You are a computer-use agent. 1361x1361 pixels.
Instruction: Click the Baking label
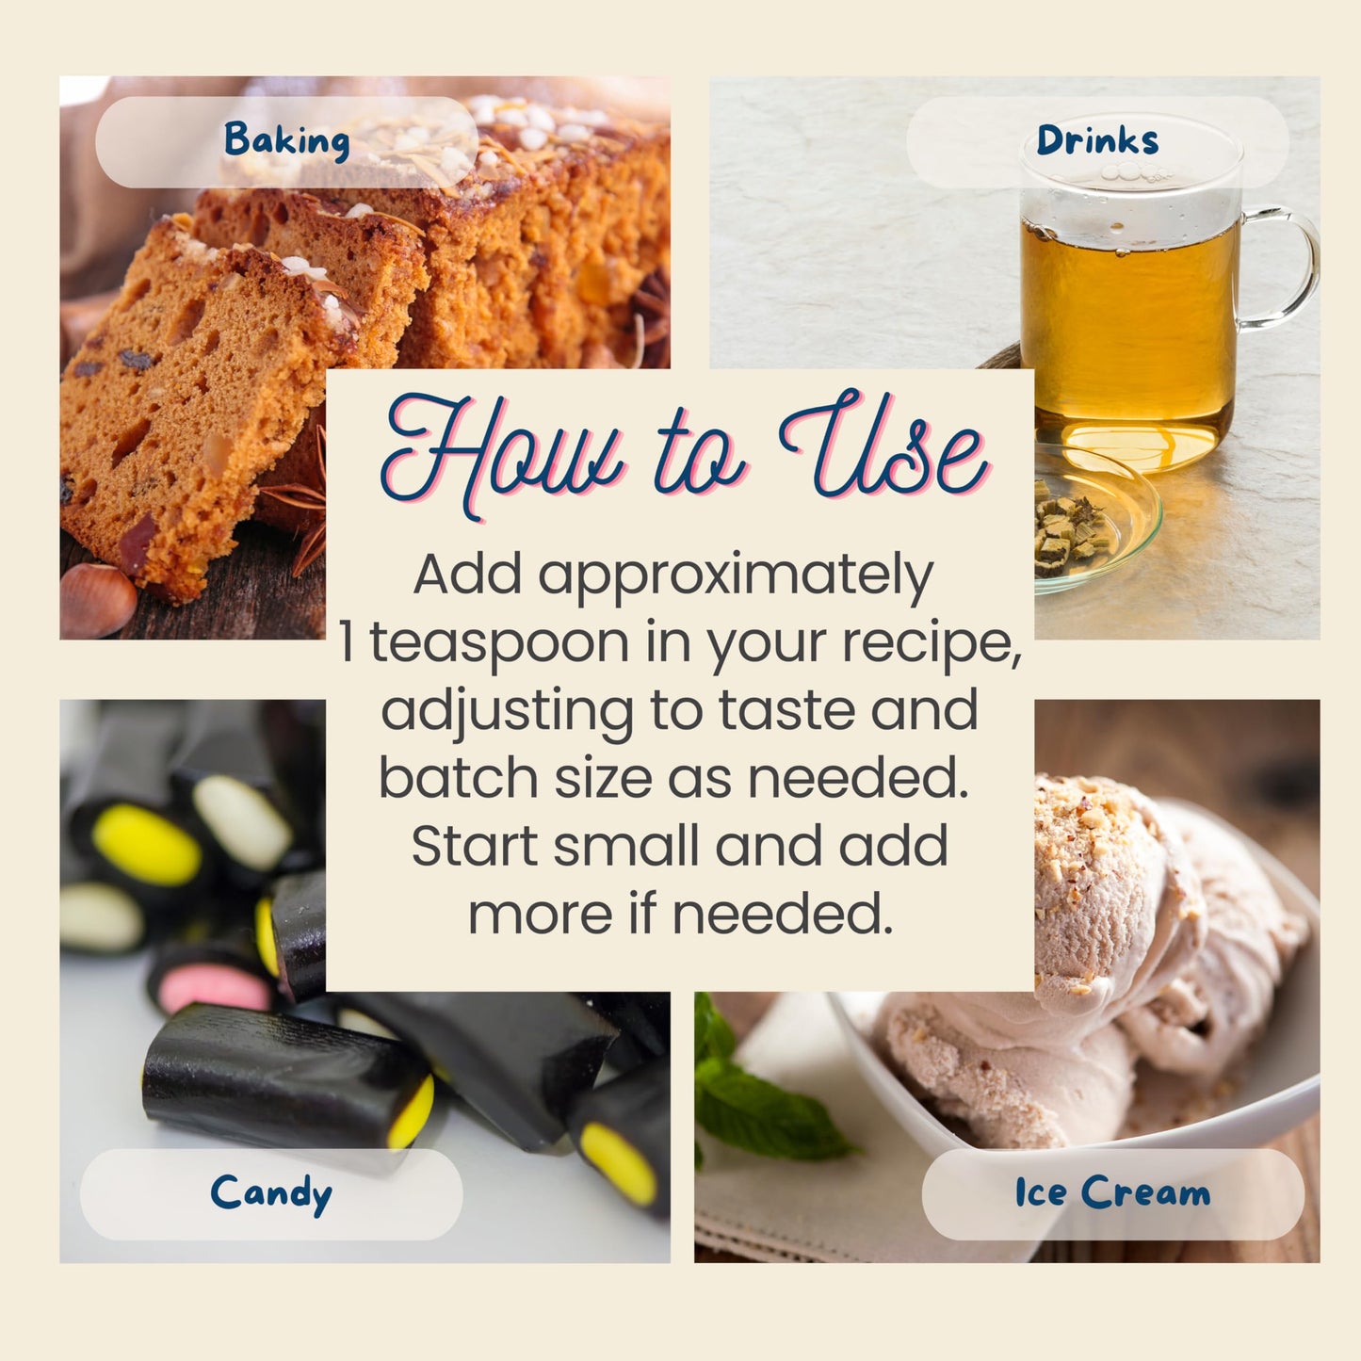[x=286, y=140]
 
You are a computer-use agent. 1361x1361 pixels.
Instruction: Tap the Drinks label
[x=1097, y=139]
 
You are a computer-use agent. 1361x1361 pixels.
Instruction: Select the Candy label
[x=271, y=1194]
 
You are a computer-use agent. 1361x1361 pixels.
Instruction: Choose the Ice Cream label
[x=1112, y=1193]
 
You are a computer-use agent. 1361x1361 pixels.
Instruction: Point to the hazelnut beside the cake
[x=97, y=601]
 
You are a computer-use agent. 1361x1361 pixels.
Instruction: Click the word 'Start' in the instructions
[x=474, y=846]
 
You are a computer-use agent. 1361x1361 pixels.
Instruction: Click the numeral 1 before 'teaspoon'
[x=346, y=641]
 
